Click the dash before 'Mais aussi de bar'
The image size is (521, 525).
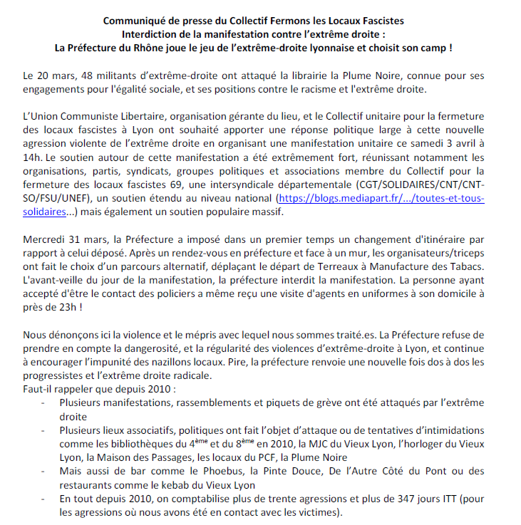click(45, 471)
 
